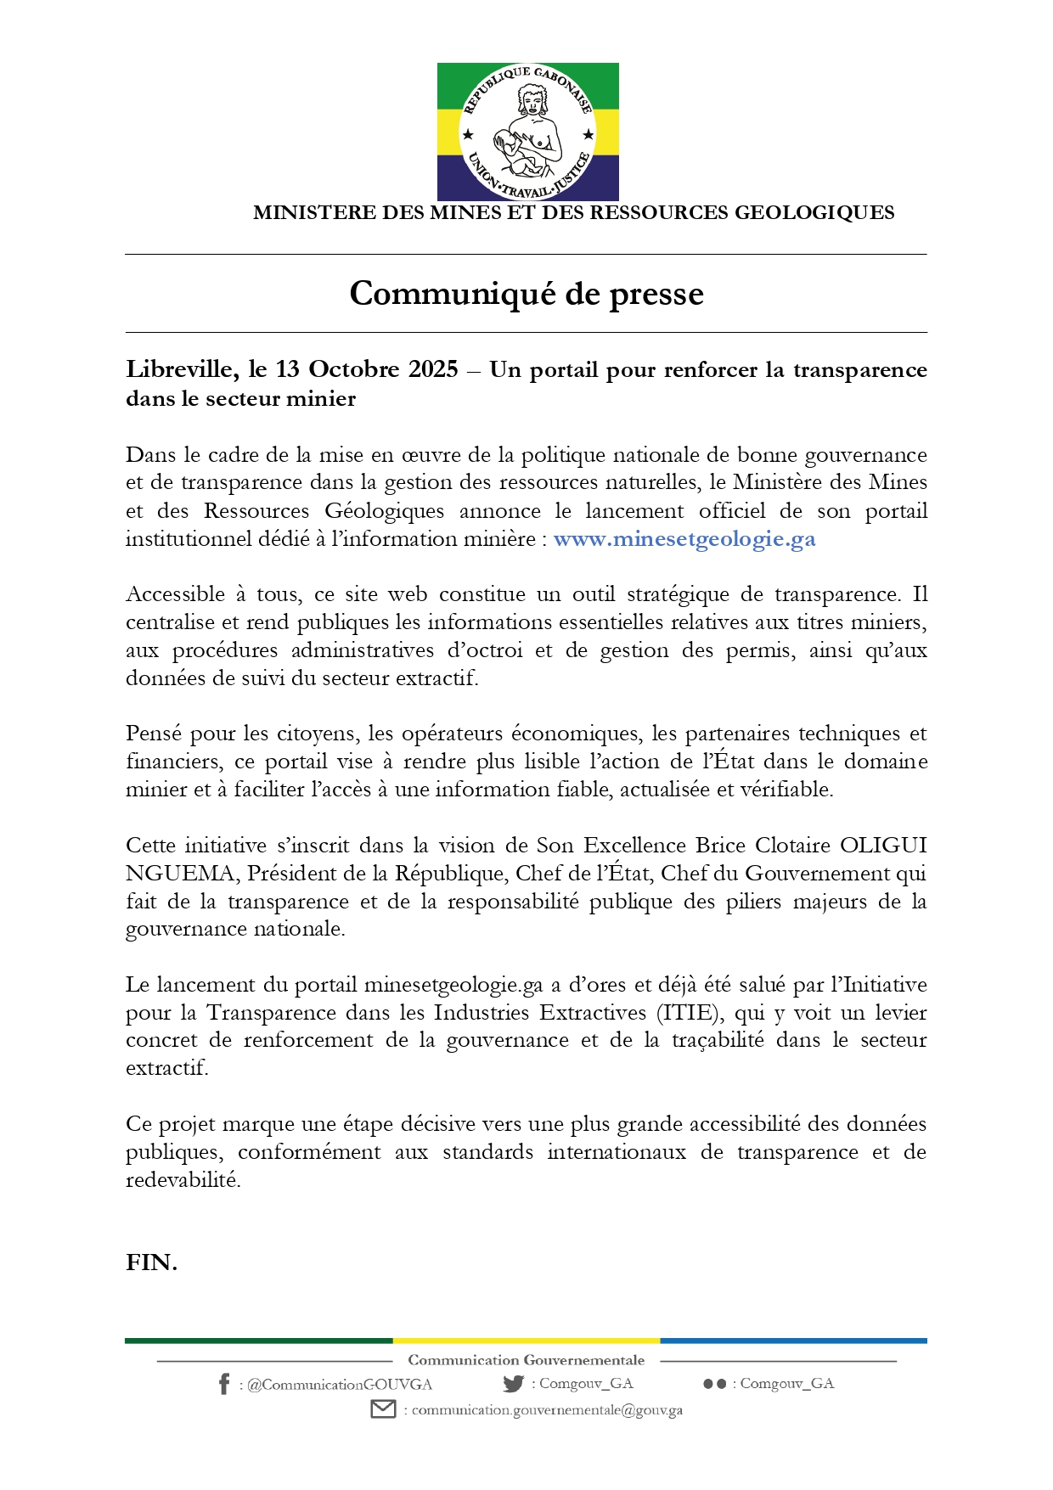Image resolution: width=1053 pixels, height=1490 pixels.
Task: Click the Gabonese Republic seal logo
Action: coord(527,132)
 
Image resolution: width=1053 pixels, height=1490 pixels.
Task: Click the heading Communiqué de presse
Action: coord(526,294)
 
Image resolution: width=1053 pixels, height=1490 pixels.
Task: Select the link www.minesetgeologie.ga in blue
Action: coord(684,539)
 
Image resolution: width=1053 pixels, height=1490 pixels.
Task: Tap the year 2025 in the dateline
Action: coord(433,369)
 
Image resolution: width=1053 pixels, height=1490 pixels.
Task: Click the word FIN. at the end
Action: coord(151,1262)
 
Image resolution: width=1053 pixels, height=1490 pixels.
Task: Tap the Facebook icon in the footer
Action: coord(223,1384)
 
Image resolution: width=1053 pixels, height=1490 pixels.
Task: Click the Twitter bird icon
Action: coord(513,1383)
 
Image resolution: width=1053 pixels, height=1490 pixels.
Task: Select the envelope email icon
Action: coord(383,1409)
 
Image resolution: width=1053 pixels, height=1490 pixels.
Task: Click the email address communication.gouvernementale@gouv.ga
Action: coord(547,1410)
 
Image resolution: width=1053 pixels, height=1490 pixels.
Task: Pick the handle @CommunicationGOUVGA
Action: coord(339,1385)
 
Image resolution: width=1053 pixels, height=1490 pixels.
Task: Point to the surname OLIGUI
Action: coord(882,846)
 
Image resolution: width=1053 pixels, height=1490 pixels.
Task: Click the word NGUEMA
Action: coord(180,874)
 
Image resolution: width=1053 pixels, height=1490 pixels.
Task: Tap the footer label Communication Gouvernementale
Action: coord(526,1360)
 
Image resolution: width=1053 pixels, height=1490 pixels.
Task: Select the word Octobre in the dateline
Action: coord(354,369)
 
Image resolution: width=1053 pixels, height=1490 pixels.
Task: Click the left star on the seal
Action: coord(467,134)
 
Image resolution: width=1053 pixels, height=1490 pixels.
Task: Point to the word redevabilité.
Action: coord(183,1180)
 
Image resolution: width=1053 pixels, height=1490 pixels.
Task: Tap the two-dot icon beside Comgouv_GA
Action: coord(714,1384)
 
